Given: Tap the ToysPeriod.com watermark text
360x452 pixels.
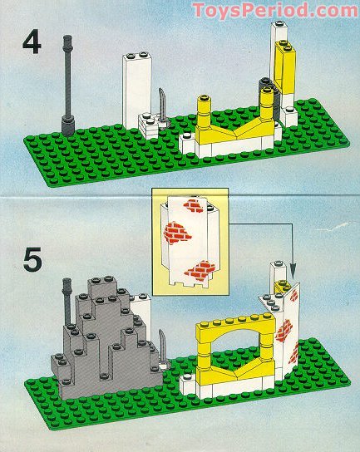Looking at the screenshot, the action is [x=275, y=10].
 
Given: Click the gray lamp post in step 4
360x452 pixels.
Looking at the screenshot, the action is [x=68, y=86].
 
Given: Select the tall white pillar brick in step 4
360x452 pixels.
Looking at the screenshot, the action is [x=136, y=90].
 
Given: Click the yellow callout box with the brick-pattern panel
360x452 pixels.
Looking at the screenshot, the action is [x=190, y=242].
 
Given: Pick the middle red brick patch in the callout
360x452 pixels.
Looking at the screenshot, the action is [x=176, y=233].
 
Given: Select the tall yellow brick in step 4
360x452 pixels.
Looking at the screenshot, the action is [x=285, y=69].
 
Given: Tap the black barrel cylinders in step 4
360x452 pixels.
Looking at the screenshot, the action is [x=269, y=99].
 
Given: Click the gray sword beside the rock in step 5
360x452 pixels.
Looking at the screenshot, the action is [x=164, y=349].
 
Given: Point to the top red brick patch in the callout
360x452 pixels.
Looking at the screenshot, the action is [x=195, y=205].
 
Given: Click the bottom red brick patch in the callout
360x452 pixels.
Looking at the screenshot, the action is [x=200, y=271].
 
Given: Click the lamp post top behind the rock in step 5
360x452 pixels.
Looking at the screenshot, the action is [x=67, y=284].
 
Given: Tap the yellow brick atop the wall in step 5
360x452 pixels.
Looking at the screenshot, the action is [x=281, y=287].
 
